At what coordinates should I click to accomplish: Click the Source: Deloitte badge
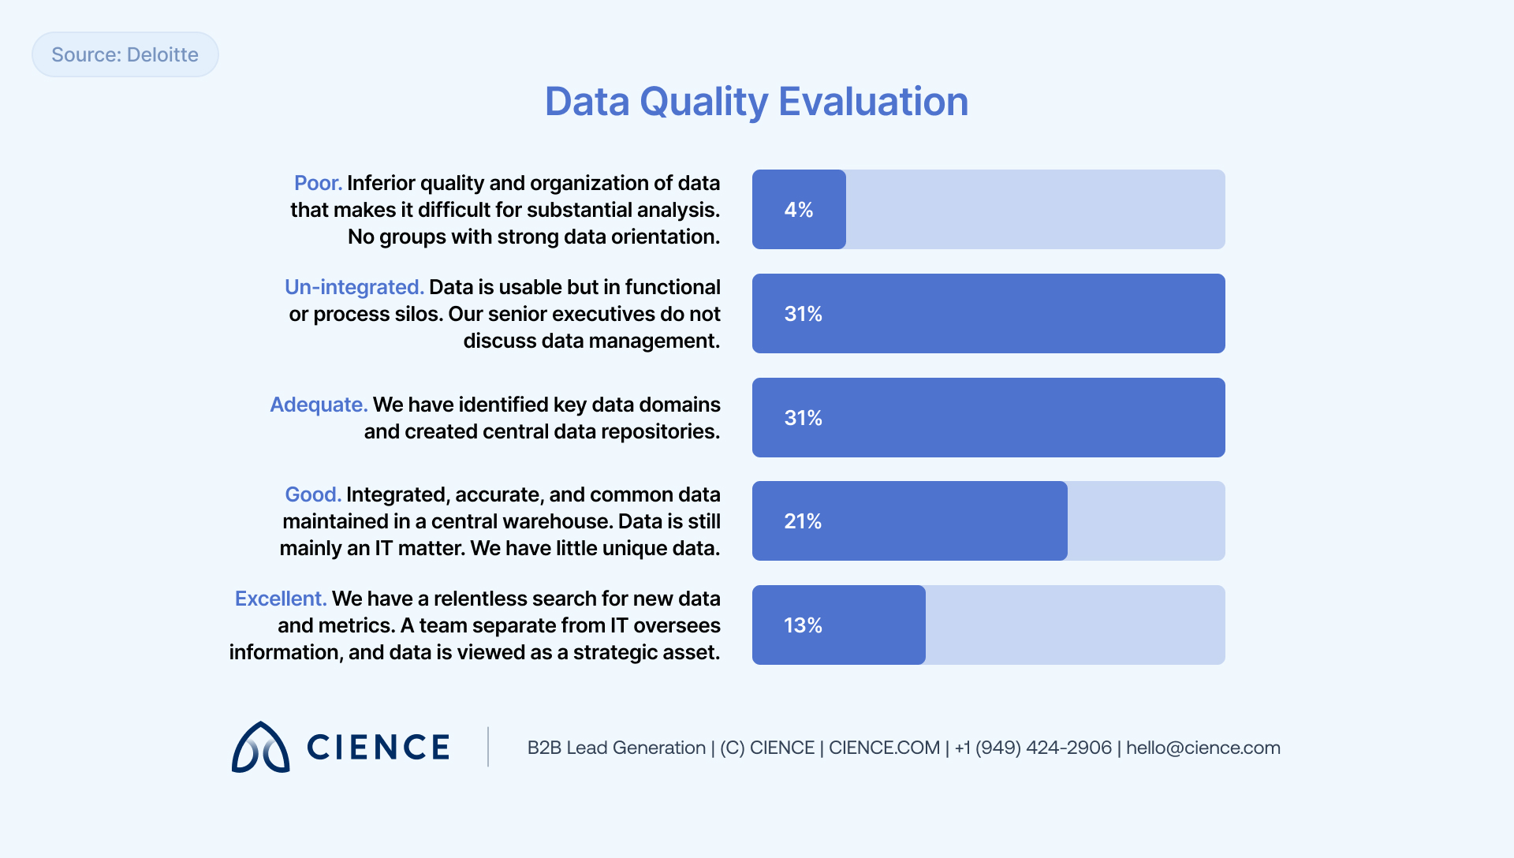click(x=125, y=54)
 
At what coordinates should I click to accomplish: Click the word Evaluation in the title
click(x=873, y=102)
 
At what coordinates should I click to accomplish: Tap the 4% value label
click(x=798, y=210)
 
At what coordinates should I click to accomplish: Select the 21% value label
click(x=803, y=521)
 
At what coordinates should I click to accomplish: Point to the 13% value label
click(x=803, y=625)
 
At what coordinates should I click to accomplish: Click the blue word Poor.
click(x=318, y=183)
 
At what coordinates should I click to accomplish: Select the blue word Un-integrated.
click(x=354, y=287)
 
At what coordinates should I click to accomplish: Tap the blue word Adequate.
click(x=319, y=405)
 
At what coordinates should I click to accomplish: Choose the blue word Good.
click(x=312, y=494)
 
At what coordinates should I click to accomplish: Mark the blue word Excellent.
click(x=280, y=599)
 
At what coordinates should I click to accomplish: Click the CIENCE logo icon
click(x=261, y=747)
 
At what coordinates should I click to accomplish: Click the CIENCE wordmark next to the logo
click(x=378, y=748)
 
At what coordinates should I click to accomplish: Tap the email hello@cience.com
click(x=1203, y=748)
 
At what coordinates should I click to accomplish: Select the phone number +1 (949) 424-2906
click(x=1032, y=748)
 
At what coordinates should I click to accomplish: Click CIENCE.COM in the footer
click(x=884, y=748)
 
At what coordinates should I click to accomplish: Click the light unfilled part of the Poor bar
click(x=1035, y=210)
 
